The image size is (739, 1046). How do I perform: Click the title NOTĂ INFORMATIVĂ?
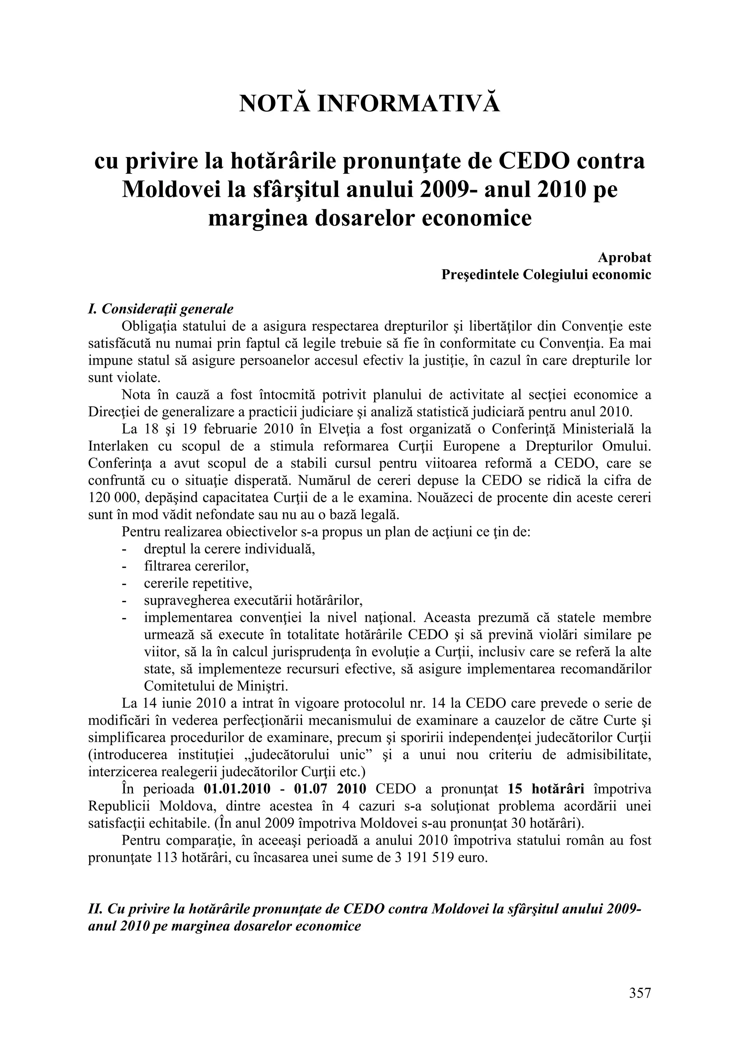[369, 104]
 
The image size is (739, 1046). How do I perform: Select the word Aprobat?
[624, 258]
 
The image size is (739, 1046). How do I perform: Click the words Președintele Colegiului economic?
[546, 275]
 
